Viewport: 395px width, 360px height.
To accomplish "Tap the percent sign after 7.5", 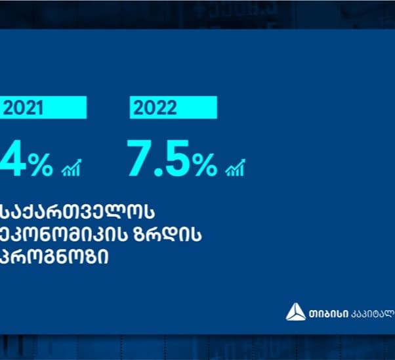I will [x=204, y=164].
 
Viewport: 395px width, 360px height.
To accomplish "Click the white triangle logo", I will [x=295, y=313].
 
